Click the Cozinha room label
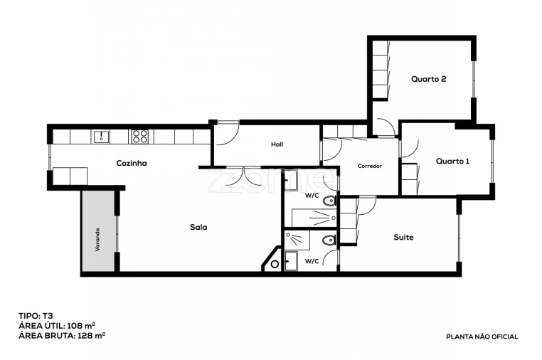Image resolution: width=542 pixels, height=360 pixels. (132, 163)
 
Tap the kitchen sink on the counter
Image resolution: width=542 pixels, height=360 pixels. (100, 135)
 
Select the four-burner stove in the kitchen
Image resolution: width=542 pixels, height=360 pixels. (139, 135)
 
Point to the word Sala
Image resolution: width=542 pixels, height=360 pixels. (198, 228)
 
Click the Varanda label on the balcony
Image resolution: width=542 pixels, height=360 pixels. (98, 240)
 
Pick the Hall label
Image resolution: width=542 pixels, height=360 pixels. (277, 144)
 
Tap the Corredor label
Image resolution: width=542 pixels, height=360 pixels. (370, 166)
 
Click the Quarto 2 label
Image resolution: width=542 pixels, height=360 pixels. (429, 79)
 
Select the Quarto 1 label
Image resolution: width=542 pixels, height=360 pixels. (453, 161)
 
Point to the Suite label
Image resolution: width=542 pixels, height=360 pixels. (403, 237)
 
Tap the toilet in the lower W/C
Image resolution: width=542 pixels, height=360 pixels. (328, 242)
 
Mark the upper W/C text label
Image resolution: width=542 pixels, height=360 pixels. (311, 194)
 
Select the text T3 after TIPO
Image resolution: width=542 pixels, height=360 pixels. (48, 314)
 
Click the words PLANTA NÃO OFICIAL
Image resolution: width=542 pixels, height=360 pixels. (482, 337)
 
